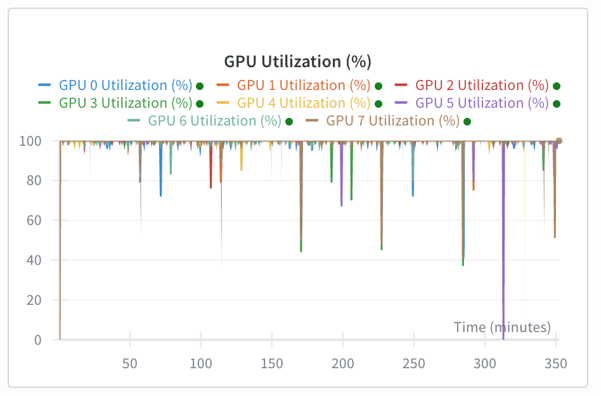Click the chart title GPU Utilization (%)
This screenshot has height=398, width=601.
click(x=297, y=61)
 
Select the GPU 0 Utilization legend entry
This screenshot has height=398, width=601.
click(x=126, y=85)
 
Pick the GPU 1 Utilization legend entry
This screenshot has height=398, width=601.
click(x=304, y=85)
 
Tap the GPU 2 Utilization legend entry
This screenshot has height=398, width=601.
click(x=482, y=85)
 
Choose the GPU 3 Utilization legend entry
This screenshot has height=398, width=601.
click(x=126, y=103)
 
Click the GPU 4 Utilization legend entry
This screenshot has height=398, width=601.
click(x=304, y=103)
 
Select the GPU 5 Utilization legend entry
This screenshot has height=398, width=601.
click(x=482, y=103)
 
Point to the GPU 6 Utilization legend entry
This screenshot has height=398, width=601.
click(x=214, y=120)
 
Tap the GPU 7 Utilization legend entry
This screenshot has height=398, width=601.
click(x=392, y=120)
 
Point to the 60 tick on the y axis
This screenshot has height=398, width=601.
click(x=36, y=221)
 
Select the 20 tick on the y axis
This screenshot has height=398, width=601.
click(x=36, y=300)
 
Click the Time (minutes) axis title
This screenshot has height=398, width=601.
click(x=502, y=327)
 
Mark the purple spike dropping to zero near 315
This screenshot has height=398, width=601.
click(x=503, y=317)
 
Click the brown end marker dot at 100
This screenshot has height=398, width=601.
click(x=559, y=141)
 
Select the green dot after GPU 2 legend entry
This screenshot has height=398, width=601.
click(x=557, y=86)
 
